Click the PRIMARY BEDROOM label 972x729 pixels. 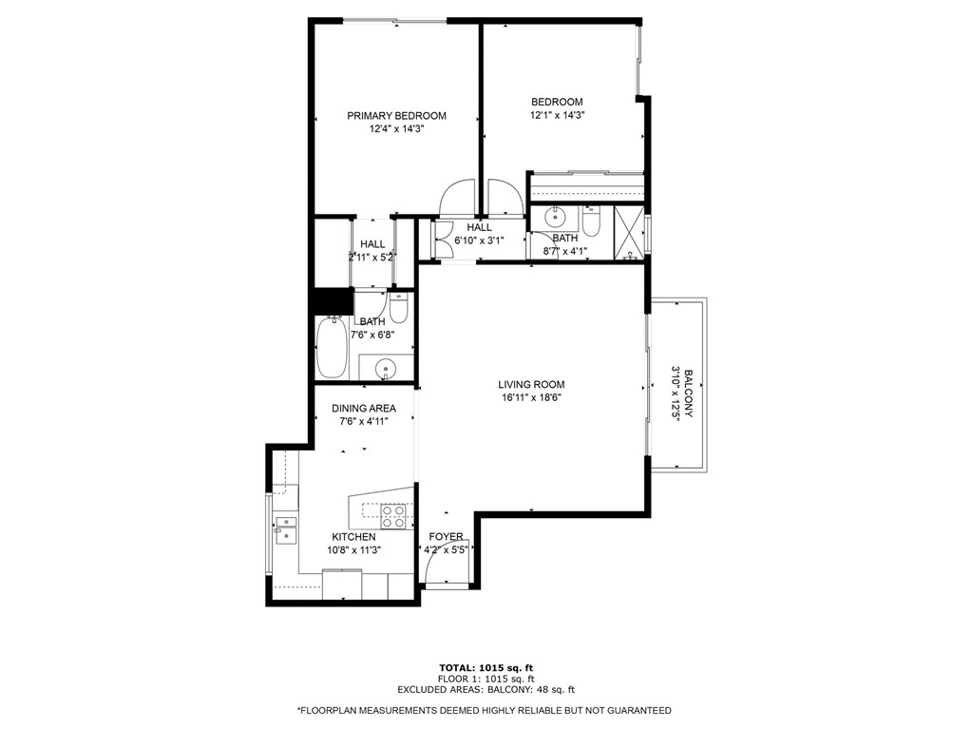coord(396,116)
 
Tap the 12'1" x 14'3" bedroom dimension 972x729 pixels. coord(558,115)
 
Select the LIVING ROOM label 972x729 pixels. coord(531,384)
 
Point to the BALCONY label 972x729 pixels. coord(688,393)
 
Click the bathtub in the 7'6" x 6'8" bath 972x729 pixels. coord(333,347)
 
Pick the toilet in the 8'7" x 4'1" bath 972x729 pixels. coord(591,221)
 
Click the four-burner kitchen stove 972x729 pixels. coord(393,516)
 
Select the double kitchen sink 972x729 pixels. coord(286,530)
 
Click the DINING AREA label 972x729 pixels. coord(364,409)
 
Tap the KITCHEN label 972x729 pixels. coord(353,537)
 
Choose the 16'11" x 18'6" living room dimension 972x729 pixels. coord(531,398)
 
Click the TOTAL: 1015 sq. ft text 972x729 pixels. coord(486,668)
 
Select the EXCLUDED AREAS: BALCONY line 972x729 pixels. coord(486,689)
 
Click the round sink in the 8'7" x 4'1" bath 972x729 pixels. coord(553,218)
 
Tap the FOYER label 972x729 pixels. coord(446,537)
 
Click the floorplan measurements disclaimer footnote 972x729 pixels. coord(485,710)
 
